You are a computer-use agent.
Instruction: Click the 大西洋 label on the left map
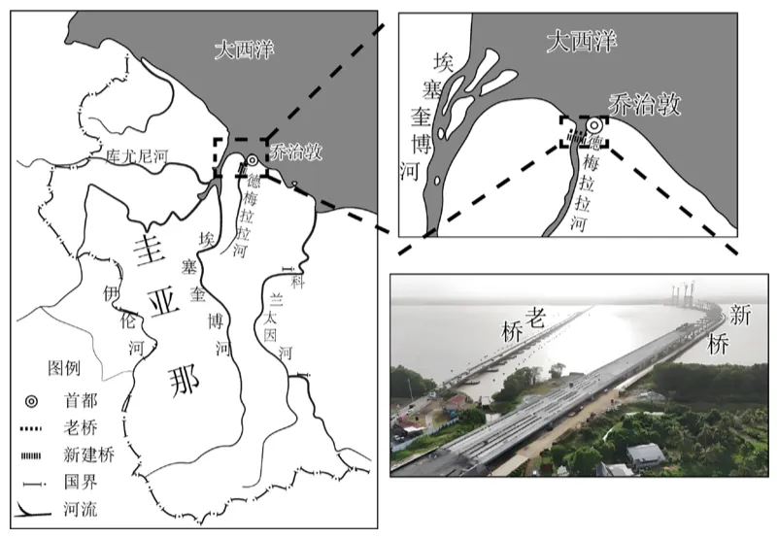coord(244,50)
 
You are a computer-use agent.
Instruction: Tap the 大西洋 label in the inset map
coord(582,42)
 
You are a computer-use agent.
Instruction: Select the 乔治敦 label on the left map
coord(296,152)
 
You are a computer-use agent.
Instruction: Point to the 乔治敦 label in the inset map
coord(645,105)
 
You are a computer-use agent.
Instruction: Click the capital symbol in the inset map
coord(593,125)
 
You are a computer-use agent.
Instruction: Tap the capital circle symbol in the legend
coord(31,401)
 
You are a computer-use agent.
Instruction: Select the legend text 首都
coord(81,401)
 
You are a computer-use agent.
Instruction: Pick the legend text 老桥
coord(81,428)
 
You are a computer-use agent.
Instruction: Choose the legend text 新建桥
coord(88,455)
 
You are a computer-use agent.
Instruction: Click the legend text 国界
coord(81,482)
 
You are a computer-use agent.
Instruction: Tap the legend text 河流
coord(81,509)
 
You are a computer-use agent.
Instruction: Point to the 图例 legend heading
coord(64,368)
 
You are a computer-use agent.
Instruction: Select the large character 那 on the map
coord(185,381)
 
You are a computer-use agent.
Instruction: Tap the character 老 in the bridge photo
coord(534,319)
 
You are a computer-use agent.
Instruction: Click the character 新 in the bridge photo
coord(740,316)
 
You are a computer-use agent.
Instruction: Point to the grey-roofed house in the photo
coord(645,455)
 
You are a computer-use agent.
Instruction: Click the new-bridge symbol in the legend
coord(31,455)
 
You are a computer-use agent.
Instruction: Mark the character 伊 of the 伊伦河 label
coord(112,294)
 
